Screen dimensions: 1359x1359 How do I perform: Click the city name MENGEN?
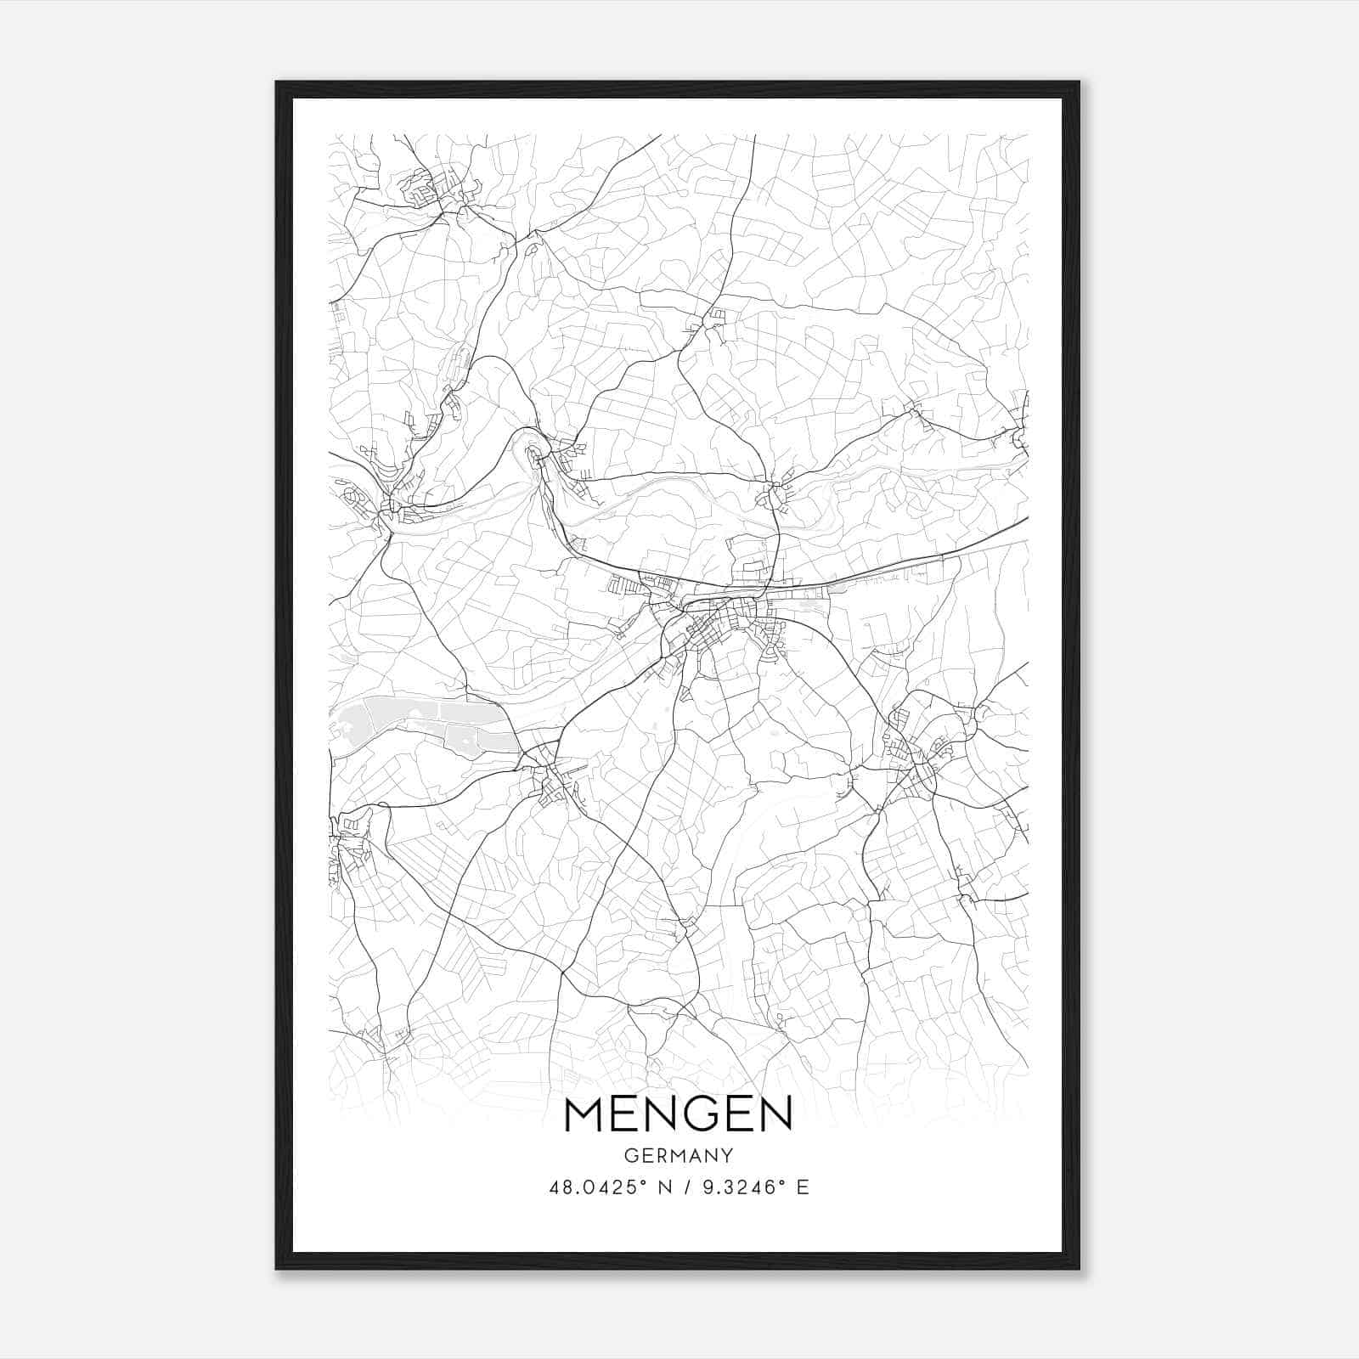pos(678,1114)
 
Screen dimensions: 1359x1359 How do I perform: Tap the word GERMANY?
pos(678,1156)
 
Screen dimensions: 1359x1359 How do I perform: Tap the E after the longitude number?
pos(803,1187)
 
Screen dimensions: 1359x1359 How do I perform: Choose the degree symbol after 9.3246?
pos(781,1181)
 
